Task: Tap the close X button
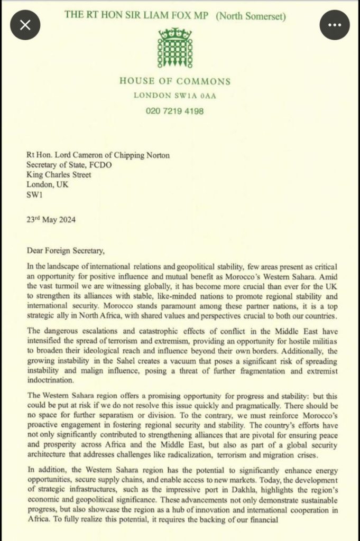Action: point(25,25)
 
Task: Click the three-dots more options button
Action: point(335,25)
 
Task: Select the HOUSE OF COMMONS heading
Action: point(174,81)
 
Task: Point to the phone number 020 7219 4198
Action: point(174,111)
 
